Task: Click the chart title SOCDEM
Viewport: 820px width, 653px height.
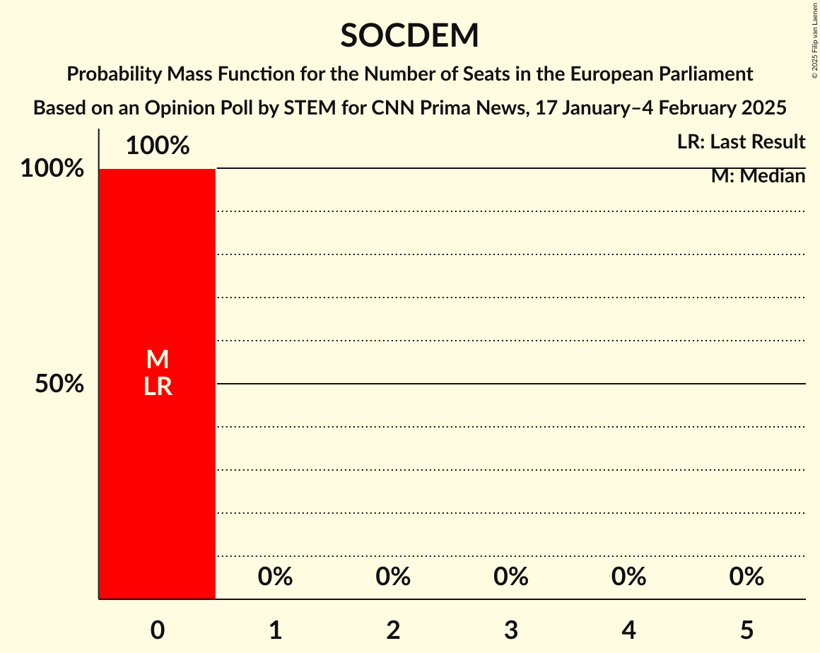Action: tap(409, 36)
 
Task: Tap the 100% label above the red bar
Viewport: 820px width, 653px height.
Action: tap(157, 146)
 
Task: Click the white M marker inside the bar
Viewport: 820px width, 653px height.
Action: tap(157, 360)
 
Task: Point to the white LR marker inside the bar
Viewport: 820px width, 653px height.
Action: tap(157, 387)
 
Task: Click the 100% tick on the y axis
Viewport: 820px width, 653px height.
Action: tap(52, 169)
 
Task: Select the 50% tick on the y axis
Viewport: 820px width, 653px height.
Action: tap(59, 384)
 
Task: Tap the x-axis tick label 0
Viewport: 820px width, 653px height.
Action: tap(157, 630)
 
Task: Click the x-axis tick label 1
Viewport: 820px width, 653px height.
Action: tap(275, 630)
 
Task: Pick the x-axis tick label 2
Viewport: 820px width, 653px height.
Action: tap(393, 630)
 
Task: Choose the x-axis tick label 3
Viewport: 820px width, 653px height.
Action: tap(511, 630)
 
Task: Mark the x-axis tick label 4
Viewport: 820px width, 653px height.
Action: tap(629, 630)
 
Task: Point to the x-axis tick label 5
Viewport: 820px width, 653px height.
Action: tap(747, 630)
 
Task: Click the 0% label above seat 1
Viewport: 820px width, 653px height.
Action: tap(275, 577)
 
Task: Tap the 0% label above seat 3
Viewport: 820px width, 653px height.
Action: tap(511, 577)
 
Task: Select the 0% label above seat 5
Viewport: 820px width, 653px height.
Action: tap(747, 577)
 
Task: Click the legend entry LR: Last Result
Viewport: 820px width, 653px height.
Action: tap(741, 142)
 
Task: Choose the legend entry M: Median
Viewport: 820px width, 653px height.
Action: tap(758, 176)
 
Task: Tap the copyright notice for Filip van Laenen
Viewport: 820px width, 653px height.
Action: tap(814, 40)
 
